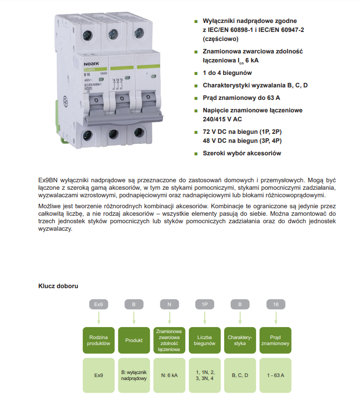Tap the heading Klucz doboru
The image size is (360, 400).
pyautogui.click(x=57, y=286)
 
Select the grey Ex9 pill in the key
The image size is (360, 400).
pyautogui.click(x=98, y=304)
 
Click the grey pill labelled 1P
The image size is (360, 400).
pyautogui.click(x=205, y=304)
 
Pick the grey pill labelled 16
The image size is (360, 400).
pyautogui.click(x=276, y=304)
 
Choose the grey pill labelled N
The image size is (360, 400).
pyautogui.click(x=169, y=304)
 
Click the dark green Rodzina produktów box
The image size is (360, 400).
pyautogui.click(x=98, y=341)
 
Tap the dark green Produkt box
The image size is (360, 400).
pyautogui.click(x=134, y=341)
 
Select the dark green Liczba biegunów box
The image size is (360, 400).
pyautogui.click(x=205, y=341)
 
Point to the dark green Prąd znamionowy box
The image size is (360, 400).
pyautogui.click(x=276, y=341)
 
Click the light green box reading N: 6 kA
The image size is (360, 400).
pyautogui.click(x=169, y=375)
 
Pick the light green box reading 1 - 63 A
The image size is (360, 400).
pyautogui.click(x=276, y=375)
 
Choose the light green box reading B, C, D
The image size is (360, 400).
pyautogui.click(x=240, y=375)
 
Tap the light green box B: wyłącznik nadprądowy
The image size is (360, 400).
pyautogui.click(x=134, y=375)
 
